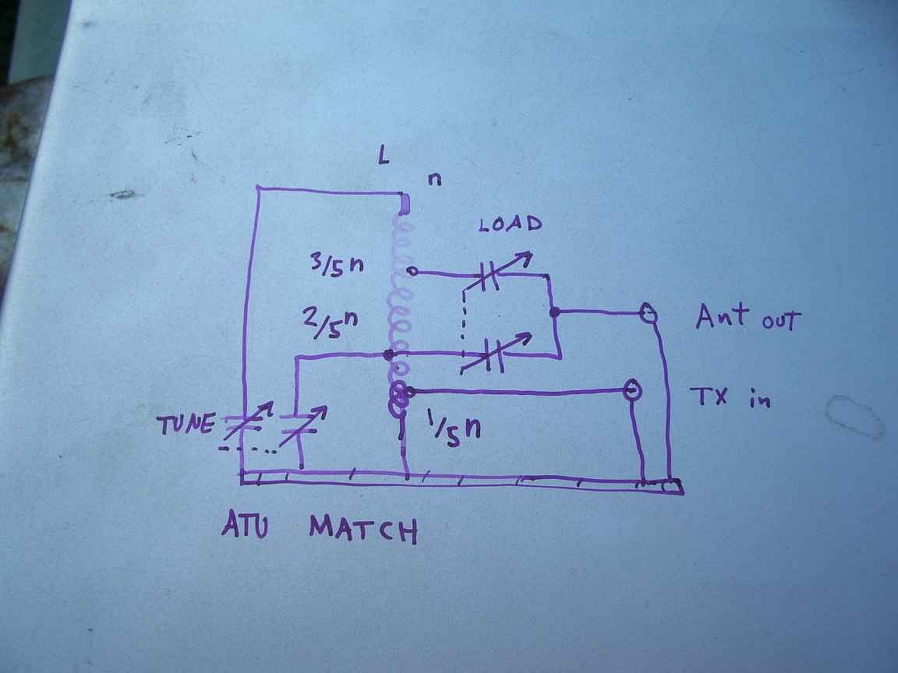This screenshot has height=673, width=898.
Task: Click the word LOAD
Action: [x=511, y=225]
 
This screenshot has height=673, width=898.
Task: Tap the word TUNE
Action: [x=185, y=425]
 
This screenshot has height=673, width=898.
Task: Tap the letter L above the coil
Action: [x=383, y=157]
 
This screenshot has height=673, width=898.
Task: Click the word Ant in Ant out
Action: [x=722, y=317]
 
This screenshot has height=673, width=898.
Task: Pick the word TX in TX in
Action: [x=709, y=396]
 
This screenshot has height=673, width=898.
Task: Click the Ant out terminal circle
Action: [x=647, y=314]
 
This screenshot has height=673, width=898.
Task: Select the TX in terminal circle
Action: [x=632, y=389]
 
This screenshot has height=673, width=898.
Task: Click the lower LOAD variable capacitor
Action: [x=491, y=355]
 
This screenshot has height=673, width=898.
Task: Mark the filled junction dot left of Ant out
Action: [x=555, y=312]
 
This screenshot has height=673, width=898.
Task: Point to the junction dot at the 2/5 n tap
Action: [x=388, y=355]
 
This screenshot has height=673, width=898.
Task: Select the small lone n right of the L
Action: [x=434, y=179]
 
